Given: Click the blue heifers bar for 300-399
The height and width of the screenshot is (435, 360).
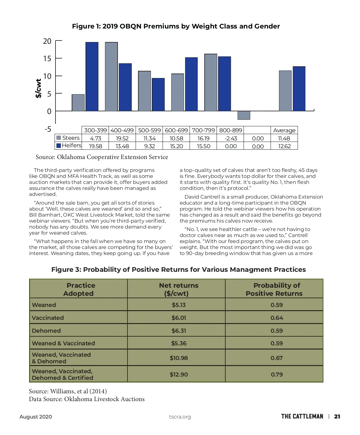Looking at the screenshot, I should [92, 77].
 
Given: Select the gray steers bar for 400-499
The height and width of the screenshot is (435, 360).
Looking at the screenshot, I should [111, 77].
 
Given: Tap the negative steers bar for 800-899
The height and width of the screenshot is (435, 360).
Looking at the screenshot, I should [244, 115].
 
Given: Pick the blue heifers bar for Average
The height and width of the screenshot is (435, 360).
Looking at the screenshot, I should [299, 89].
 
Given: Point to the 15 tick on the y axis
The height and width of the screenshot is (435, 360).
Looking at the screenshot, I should [47, 58].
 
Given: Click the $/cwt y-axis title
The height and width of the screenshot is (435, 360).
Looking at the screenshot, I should [38, 88].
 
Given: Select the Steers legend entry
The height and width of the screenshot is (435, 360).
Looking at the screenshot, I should [68, 138].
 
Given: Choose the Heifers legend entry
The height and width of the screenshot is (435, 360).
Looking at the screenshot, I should [69, 145].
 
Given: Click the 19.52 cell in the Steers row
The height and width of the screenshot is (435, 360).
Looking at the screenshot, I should [122, 138].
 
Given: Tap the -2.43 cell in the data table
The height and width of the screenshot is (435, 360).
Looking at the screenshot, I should [231, 138].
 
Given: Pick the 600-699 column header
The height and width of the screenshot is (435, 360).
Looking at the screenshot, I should [176, 130].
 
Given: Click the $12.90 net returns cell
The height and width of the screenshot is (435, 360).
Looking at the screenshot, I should [179, 374].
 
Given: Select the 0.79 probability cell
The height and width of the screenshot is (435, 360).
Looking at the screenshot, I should [277, 374].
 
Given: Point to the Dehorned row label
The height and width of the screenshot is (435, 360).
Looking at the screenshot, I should [46, 331].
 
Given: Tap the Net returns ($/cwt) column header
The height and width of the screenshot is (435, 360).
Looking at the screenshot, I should [178, 289].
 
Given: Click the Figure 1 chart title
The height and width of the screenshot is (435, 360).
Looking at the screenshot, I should [176, 26].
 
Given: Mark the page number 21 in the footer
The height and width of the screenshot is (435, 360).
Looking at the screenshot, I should [337, 416].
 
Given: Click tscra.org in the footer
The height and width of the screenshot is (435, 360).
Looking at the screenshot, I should [180, 417].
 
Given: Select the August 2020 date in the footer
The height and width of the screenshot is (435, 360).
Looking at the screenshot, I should [36, 417].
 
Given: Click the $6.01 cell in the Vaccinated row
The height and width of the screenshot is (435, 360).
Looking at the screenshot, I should [179, 318].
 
